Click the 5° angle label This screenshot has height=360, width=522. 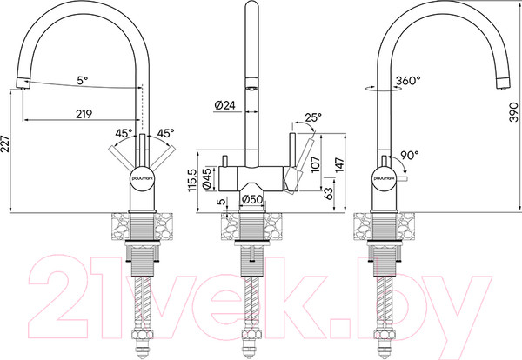[x=83, y=80]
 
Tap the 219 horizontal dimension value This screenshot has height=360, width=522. [x=84, y=114]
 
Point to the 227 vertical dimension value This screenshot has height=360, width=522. [x=4, y=143]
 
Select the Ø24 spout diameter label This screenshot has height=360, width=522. [x=224, y=105]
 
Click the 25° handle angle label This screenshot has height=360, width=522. [x=313, y=117]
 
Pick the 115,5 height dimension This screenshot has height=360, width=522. [x=193, y=180]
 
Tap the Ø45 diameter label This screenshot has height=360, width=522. [x=207, y=179]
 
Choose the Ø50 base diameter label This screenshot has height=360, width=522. [x=252, y=199]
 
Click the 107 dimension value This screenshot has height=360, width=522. [x=315, y=164]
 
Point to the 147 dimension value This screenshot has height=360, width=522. [x=339, y=165]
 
